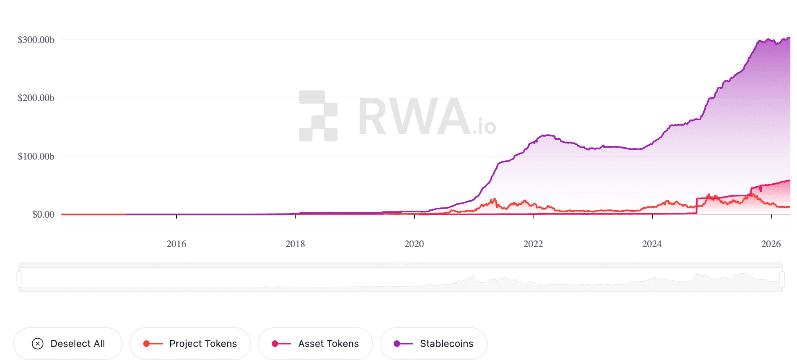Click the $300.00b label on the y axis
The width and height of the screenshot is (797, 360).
tap(36, 40)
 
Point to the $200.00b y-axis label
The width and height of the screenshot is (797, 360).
tap(36, 98)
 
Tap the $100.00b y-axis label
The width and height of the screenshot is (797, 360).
tap(36, 156)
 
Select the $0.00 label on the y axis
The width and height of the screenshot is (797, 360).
tap(43, 214)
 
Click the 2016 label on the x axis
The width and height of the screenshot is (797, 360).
tap(176, 244)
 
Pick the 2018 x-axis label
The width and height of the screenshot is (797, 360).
tap(295, 244)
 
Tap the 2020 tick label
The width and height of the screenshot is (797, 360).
tap(414, 244)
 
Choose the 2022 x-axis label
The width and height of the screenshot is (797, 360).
tap(533, 244)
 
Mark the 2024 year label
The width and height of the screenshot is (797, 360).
tap(652, 244)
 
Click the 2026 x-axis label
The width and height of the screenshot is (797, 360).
tap(771, 244)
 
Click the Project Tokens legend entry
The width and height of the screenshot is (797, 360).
tap(190, 344)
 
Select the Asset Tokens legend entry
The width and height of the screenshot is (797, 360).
tap(315, 344)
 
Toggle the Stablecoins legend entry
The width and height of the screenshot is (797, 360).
tap(434, 344)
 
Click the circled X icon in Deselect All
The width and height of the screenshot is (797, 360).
tap(38, 344)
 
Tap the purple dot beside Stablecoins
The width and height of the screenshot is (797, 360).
tap(397, 344)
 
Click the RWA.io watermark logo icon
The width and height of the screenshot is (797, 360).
tap(318, 116)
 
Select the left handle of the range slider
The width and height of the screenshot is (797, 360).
tap(19, 279)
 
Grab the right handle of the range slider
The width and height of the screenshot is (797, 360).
tap(782, 279)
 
